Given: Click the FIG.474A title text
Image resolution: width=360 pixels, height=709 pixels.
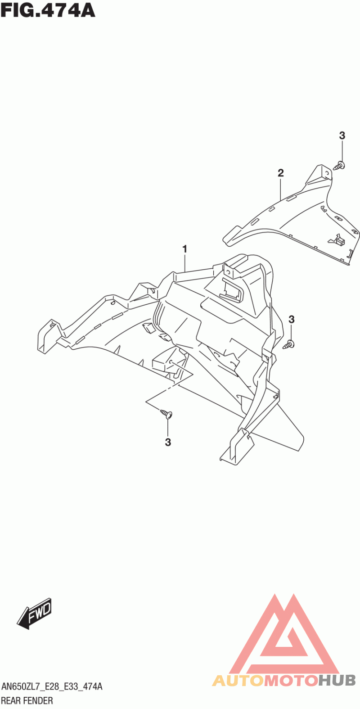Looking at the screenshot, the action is point(48,9).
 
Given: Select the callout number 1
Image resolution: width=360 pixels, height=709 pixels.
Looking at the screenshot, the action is point(184,249).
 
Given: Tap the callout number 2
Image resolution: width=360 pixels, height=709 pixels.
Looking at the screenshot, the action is point(281,172).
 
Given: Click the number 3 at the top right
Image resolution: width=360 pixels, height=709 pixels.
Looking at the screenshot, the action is point(342,135).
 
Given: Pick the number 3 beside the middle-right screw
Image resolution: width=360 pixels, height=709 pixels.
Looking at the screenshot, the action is point(291,320).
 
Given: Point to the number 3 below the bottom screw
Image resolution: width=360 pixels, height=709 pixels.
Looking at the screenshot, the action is point(168,443).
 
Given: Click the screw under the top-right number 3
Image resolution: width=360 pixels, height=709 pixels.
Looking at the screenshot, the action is point(340,166).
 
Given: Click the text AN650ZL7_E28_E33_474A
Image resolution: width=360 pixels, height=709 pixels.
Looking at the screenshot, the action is point(52,687).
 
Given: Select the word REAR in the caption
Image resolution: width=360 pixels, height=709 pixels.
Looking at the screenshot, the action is point(11,700).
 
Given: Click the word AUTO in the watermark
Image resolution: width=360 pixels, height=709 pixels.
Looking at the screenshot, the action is point(238,680).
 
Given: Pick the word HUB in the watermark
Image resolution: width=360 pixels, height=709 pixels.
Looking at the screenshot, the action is point(337,680).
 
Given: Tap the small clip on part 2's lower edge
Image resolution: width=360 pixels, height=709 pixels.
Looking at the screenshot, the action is point(339,240).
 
